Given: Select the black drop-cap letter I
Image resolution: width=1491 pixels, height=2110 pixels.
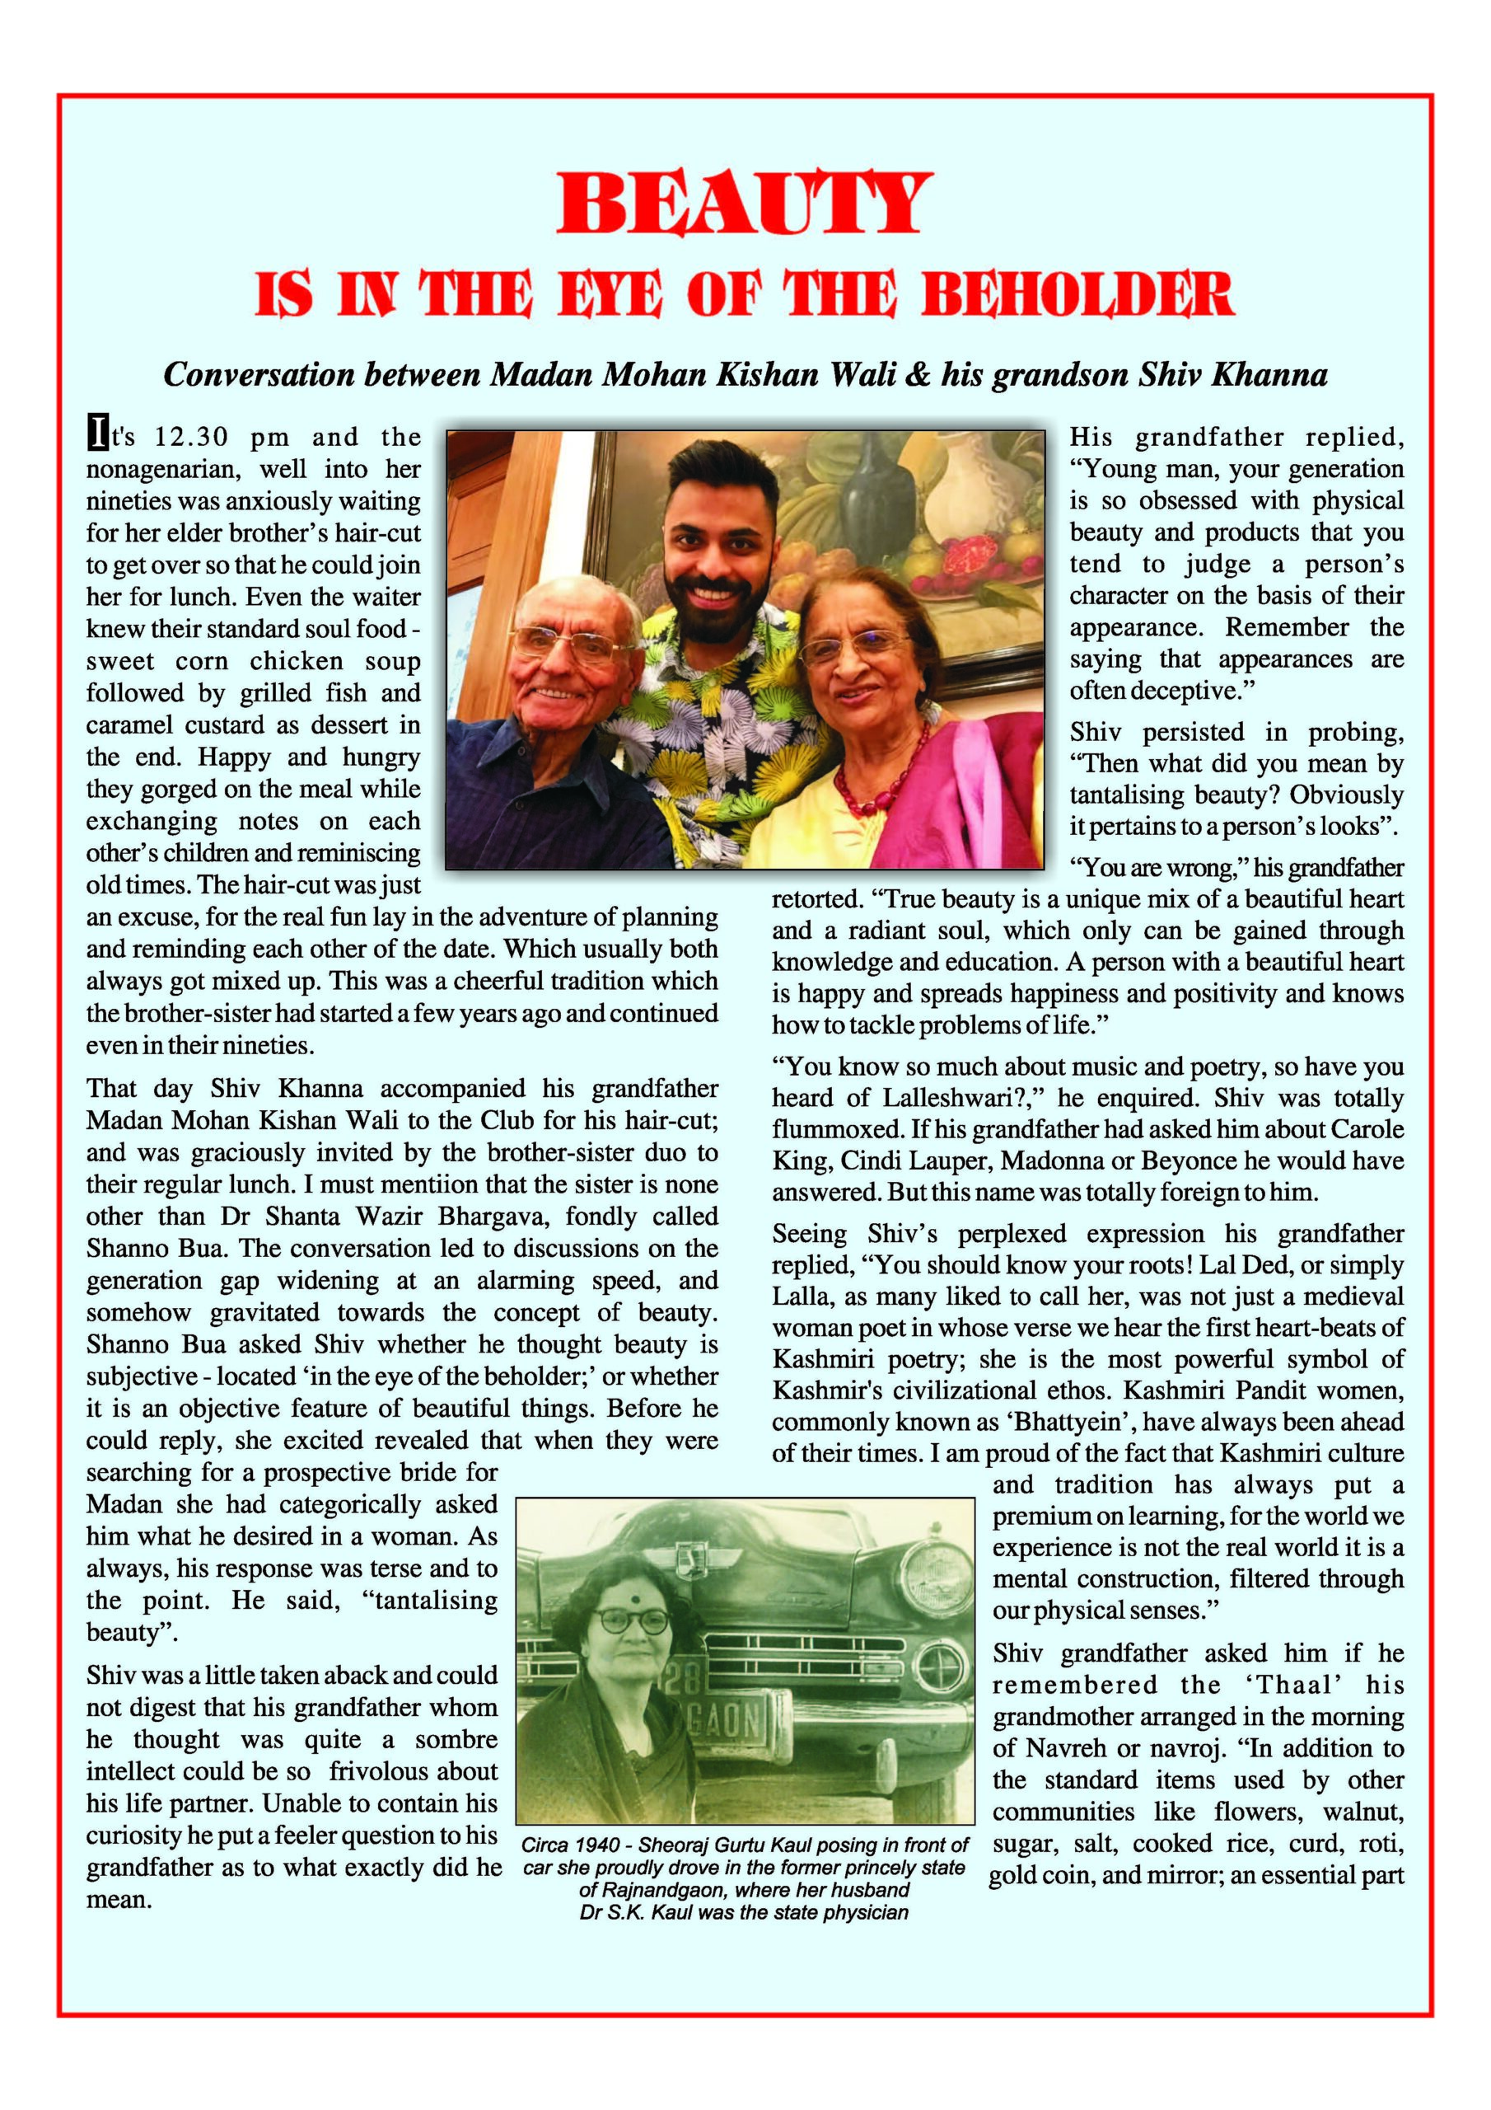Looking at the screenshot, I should click(96, 433).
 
